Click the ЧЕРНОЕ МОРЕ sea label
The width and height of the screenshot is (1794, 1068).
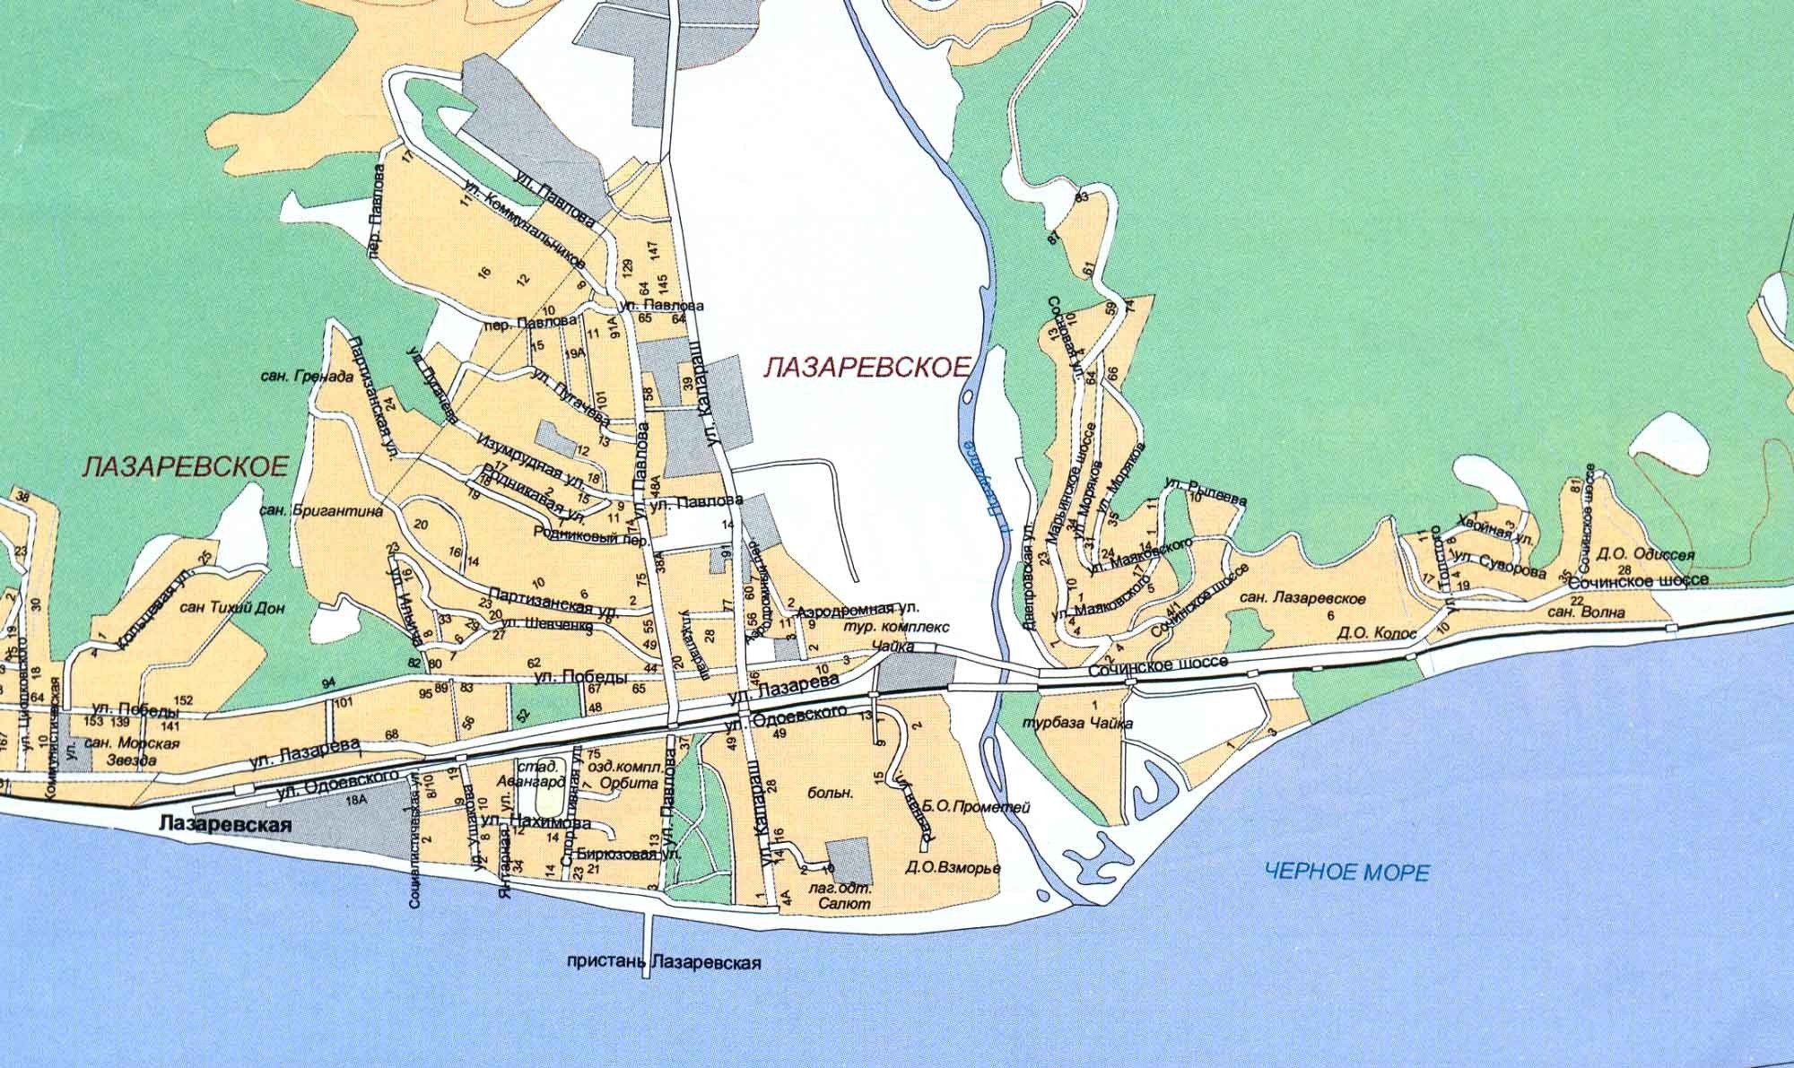point(1345,871)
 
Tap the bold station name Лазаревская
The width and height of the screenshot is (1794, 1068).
point(225,825)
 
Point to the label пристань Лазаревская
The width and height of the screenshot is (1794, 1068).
point(665,964)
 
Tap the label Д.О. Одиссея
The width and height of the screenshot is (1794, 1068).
point(1645,554)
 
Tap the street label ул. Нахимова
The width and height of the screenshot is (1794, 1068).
point(534,821)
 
